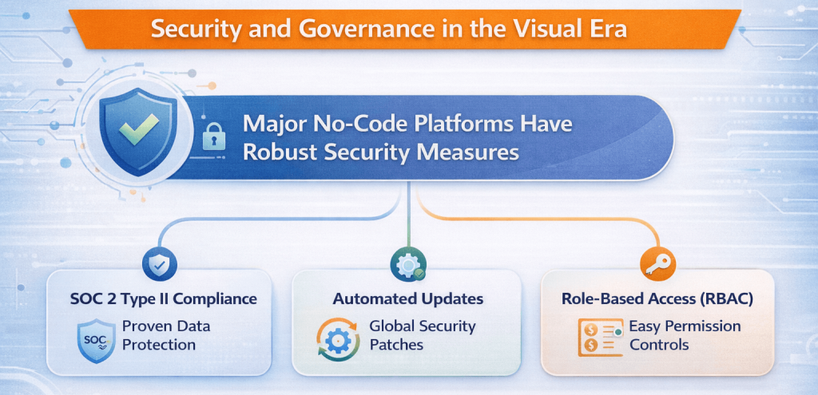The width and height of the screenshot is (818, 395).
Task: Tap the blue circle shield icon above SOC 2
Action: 160,266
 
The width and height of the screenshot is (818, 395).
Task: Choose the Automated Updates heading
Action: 408,299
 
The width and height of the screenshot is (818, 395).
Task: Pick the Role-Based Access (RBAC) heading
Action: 657,299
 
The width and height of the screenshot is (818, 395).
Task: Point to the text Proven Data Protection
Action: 158,335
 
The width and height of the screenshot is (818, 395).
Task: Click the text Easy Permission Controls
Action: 685,335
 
